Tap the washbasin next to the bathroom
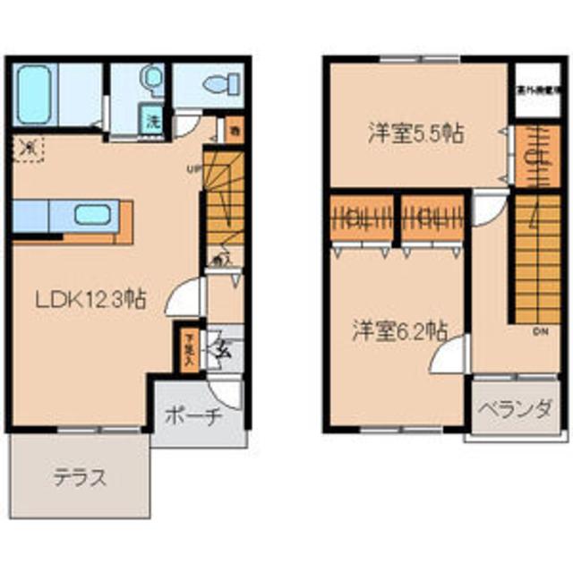point(154,81)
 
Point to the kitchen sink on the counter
point(91,215)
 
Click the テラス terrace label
point(79,476)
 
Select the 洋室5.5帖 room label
point(415,134)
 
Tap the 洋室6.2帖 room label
point(398,329)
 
